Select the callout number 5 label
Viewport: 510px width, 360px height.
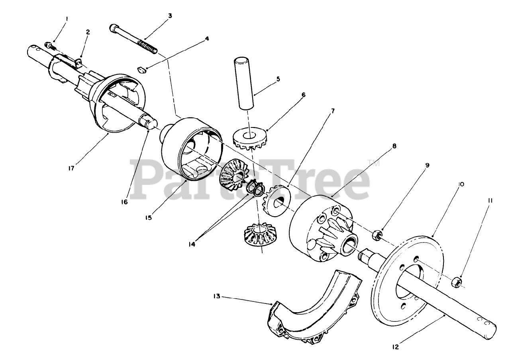(x=278, y=79)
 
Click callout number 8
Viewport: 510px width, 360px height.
(x=394, y=146)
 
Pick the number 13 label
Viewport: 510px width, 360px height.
(x=216, y=296)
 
